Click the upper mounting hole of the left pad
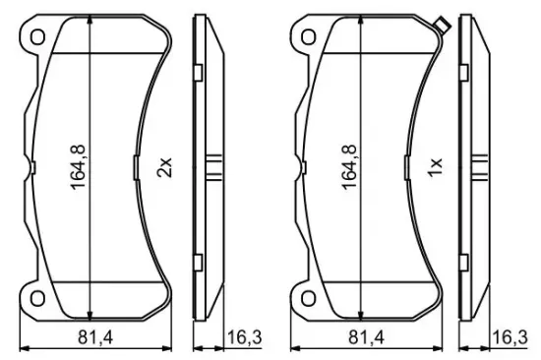[x=37, y=37]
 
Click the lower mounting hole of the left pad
[x=37, y=298]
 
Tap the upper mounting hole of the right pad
[x=309, y=37]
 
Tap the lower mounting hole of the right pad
[x=309, y=298]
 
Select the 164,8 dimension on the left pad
[x=78, y=167]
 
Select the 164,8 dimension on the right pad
[x=349, y=167]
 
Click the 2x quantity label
[x=164, y=167]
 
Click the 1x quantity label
[x=435, y=167]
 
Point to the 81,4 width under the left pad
[x=95, y=336]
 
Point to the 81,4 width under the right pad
[x=366, y=336]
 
